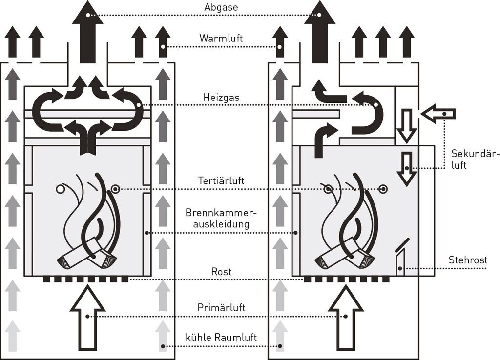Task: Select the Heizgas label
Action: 221,97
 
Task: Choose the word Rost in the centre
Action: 222,272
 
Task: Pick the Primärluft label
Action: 221,307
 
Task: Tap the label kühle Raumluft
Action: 221,338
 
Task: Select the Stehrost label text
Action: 468,260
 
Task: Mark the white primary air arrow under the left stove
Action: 88,317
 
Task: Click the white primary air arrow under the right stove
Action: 346,317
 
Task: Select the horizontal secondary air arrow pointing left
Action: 437,114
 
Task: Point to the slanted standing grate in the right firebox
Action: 400,259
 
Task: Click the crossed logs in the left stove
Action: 86,254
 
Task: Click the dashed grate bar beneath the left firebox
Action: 85,280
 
